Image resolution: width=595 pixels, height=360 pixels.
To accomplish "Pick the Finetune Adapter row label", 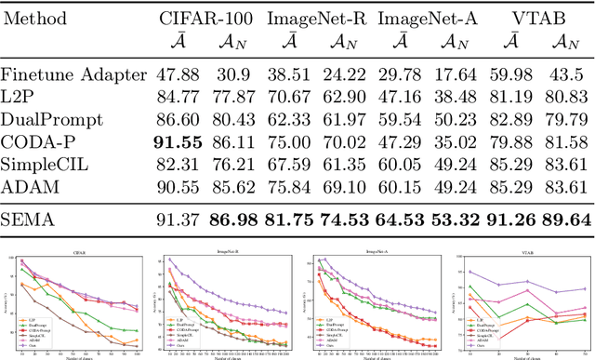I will [73, 75].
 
